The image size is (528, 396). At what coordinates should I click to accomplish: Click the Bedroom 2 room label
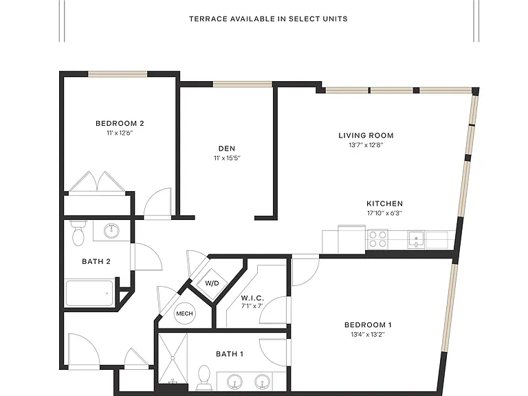coord(120,123)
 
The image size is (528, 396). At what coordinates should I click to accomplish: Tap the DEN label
coord(227,148)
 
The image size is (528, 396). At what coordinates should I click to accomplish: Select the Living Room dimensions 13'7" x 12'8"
coord(366,145)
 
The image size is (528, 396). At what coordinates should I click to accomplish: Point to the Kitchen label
coord(384,203)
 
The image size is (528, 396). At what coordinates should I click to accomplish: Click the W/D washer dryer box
coord(212,283)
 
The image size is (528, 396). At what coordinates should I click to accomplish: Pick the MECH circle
coord(184,313)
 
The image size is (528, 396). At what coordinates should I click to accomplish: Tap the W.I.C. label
coord(252,298)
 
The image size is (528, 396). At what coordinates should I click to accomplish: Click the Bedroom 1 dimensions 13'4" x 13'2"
coord(368,334)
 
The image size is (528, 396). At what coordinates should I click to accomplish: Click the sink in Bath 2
coord(111,231)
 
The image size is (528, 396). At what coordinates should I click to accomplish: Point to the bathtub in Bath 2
coord(89,294)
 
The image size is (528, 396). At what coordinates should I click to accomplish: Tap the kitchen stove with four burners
coord(377,239)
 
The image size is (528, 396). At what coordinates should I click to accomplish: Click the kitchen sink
coord(417,239)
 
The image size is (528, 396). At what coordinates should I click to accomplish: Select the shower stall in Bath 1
coord(173,358)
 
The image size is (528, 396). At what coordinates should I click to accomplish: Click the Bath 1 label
coord(230,354)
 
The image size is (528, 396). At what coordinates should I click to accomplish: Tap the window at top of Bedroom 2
coord(118,74)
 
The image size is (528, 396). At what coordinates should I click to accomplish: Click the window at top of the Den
coord(243,84)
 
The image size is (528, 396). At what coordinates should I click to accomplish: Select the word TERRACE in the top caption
coord(208,19)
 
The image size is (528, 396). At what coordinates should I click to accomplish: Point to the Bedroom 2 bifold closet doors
coord(97,182)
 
